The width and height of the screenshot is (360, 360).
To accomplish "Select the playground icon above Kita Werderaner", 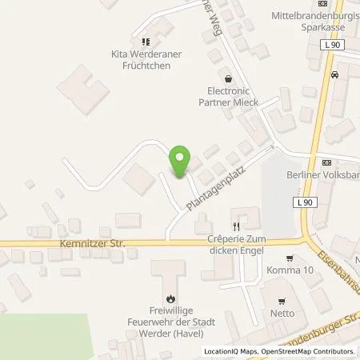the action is pos(145,42).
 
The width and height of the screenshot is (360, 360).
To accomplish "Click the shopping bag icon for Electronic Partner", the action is pos(230,79).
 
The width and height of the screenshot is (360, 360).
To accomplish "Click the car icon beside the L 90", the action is pos(335,75).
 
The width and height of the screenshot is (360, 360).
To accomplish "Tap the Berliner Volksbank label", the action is pos(322,175).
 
